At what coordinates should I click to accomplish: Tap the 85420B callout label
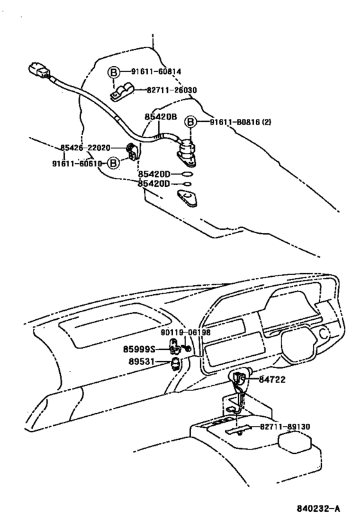(x=160, y=118)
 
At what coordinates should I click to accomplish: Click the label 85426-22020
(x=85, y=148)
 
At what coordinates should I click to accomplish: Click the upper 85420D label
(x=154, y=174)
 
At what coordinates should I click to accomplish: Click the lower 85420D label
(x=154, y=184)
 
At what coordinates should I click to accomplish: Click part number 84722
(x=273, y=380)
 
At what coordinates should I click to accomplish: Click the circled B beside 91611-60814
(x=113, y=71)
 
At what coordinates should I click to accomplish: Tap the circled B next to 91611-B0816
(x=191, y=121)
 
